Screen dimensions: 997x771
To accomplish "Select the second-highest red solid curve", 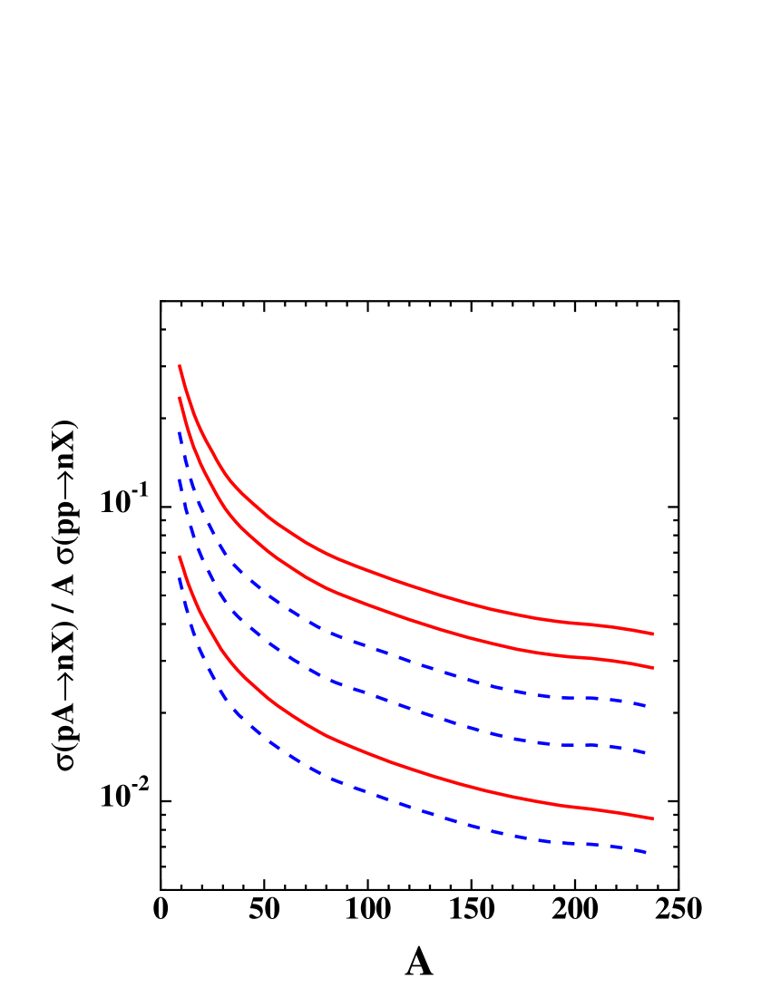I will [x=408, y=620].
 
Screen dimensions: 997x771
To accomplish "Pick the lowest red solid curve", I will [x=408, y=770].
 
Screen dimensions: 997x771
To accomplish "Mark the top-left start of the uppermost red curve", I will [x=180, y=366].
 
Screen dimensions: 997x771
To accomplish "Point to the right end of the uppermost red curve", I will [x=652, y=634].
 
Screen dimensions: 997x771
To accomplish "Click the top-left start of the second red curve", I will [x=180, y=398].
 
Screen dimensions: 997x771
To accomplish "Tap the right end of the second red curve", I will [x=652, y=668].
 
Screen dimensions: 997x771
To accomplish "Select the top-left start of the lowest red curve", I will [x=180, y=557].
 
